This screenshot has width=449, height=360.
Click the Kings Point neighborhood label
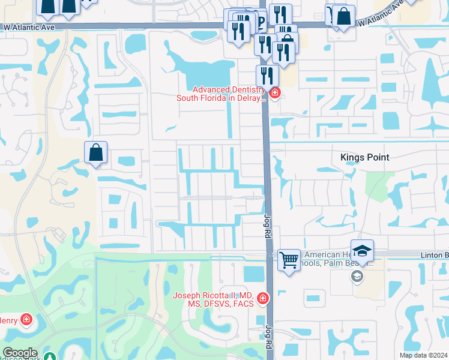[x=364, y=157]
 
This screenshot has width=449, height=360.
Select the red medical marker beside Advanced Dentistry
[x=275, y=92]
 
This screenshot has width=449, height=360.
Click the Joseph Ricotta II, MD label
[x=213, y=299]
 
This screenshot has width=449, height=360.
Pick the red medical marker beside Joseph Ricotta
[x=262, y=298]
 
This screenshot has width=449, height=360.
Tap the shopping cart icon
[x=289, y=260]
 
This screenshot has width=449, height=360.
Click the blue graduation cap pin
[x=363, y=251]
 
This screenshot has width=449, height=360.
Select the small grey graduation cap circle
[x=357, y=276]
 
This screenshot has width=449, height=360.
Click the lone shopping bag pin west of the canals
[x=96, y=153]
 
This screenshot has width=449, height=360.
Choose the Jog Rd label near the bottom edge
[x=268, y=339]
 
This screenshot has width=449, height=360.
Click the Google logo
[x=19, y=353]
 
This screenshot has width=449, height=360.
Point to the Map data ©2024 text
[x=423, y=355]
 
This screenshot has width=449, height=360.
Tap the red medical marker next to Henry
[x=26, y=319]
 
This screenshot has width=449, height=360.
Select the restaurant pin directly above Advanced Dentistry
[x=267, y=76]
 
